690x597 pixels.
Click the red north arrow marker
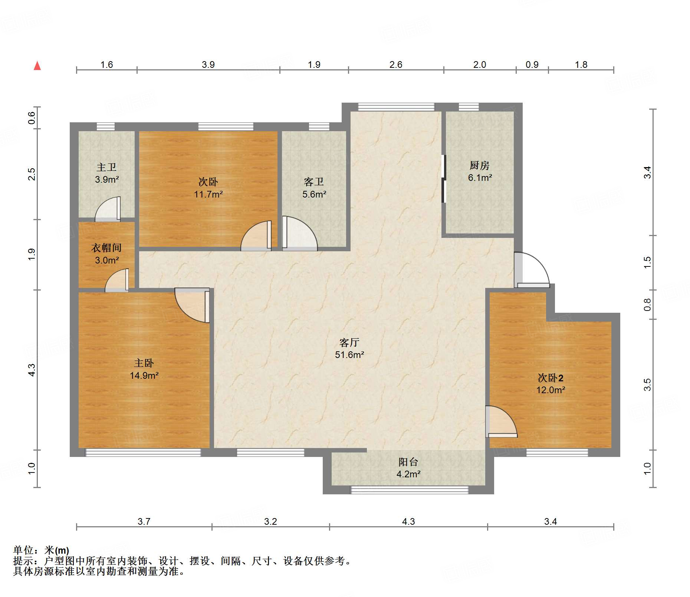tap(37, 66)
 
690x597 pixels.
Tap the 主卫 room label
tap(106, 168)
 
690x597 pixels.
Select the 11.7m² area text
tap(208, 194)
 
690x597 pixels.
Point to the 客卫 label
tap(314, 182)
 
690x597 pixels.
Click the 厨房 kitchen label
tap(480, 165)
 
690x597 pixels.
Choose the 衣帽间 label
tap(106, 248)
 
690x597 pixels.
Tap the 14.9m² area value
tap(144, 375)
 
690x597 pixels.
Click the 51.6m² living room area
tap(349, 355)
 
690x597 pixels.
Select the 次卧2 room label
tap(551, 378)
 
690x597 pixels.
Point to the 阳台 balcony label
tap(408, 462)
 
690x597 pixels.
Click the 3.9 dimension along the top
tap(208, 64)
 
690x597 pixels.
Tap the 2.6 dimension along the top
tap(396, 64)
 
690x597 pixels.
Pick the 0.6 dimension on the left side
tap(32, 118)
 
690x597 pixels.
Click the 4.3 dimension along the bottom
tap(408, 521)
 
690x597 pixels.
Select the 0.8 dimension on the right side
tap(647, 305)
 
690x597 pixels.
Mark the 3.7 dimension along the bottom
tap(144, 521)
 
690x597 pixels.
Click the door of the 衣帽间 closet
tap(117, 280)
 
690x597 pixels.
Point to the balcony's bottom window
tap(410, 490)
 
